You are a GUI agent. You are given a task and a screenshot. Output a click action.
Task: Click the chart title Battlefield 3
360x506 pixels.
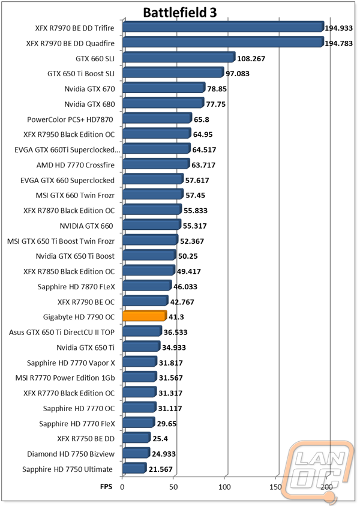click(179, 13)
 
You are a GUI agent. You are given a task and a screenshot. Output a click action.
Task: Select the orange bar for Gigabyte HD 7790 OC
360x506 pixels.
click(145, 316)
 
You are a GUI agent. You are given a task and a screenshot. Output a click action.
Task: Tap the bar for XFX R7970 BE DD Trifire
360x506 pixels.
click(223, 27)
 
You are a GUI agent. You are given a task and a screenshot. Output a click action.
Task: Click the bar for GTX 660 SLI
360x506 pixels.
click(179, 57)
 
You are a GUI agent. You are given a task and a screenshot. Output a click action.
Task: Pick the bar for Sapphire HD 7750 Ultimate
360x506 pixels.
click(134, 468)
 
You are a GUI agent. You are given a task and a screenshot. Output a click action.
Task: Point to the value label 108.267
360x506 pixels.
click(251, 59)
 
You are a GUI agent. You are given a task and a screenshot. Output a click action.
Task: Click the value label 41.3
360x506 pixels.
click(176, 317)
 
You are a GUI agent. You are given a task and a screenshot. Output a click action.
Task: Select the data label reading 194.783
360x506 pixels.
click(338, 43)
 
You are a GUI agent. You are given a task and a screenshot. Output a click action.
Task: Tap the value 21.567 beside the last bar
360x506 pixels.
click(160, 469)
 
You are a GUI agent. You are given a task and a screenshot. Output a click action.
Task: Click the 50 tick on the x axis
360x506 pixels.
click(173, 487)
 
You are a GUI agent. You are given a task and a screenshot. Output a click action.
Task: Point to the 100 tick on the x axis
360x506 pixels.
click(224, 487)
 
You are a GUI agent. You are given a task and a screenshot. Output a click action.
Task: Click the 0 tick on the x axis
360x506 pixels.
click(122, 487)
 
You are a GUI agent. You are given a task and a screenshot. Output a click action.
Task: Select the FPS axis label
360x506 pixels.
click(106, 487)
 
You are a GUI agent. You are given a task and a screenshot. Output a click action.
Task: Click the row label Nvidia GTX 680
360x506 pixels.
click(89, 104)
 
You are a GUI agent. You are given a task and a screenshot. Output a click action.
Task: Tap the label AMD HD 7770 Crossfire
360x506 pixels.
click(76, 165)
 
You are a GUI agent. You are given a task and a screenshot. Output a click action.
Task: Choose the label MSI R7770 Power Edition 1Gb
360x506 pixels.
click(65, 378)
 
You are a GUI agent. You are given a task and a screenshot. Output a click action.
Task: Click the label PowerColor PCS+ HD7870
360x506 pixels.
click(70, 119)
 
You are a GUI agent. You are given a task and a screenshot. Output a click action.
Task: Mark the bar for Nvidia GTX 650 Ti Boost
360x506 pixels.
click(149, 255)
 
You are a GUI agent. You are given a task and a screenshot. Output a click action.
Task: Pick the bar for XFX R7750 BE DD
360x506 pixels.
click(136, 437)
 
